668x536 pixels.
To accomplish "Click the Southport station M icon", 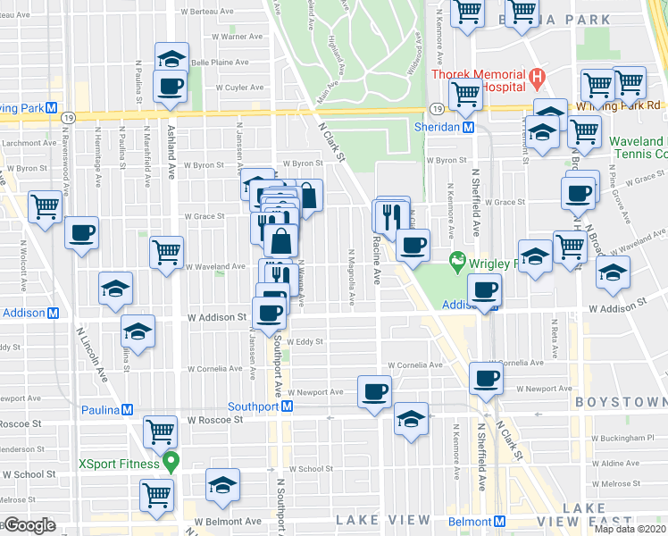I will click(x=288, y=406).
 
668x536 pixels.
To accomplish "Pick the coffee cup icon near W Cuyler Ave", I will click(x=170, y=88).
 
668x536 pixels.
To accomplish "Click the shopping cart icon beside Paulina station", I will click(x=161, y=431).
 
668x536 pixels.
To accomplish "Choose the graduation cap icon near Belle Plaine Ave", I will click(x=171, y=58).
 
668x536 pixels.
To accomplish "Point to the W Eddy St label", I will click(x=305, y=341).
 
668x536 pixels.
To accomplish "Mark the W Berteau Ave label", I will click(x=235, y=12).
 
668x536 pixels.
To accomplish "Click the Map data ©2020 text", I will click(x=630, y=529).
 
